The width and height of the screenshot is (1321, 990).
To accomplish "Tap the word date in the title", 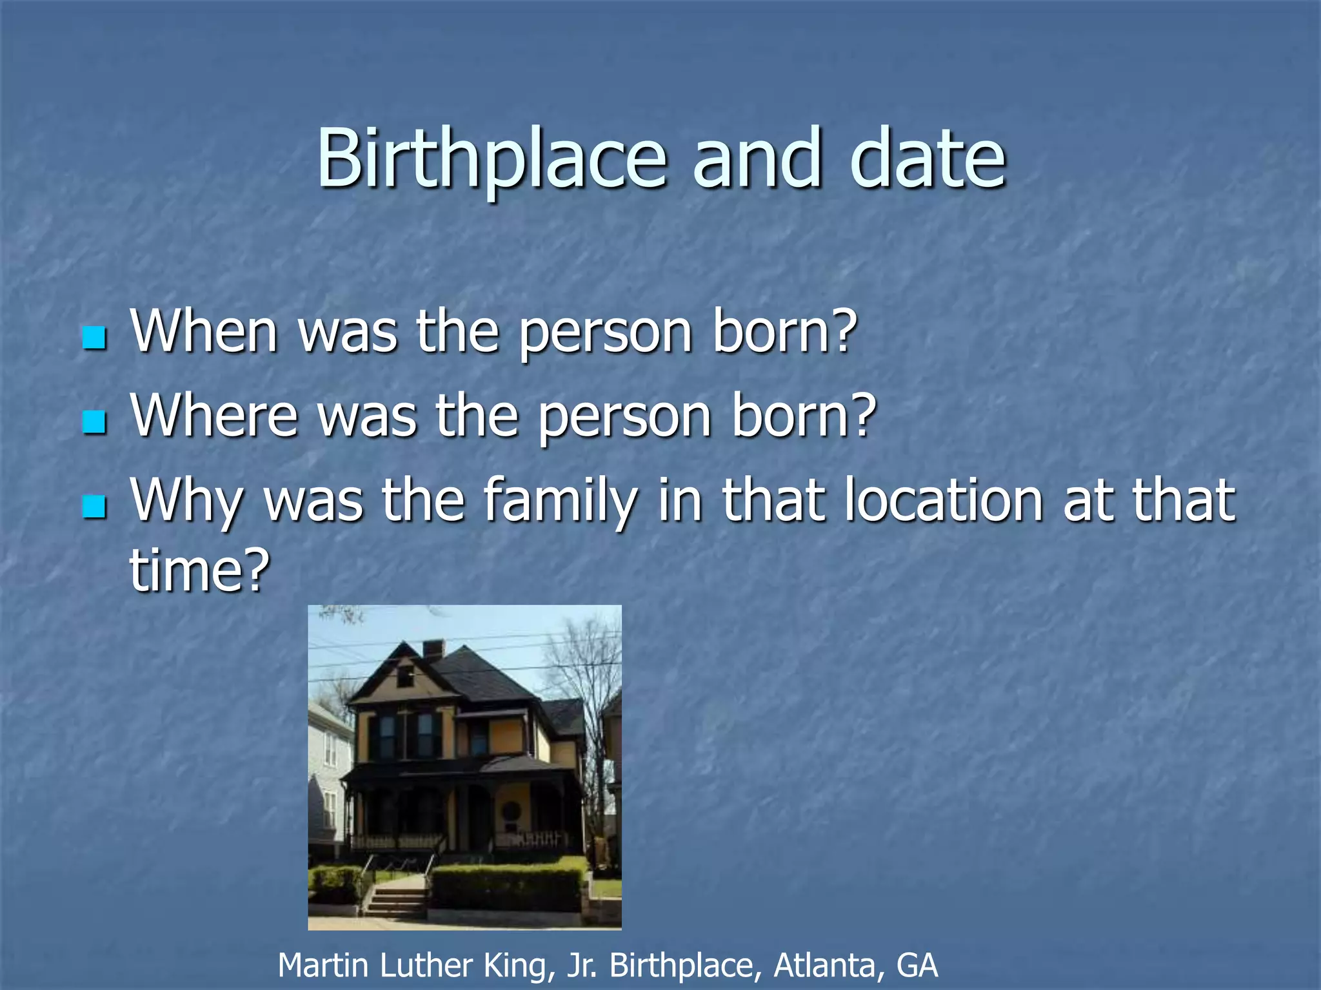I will pos(928,159).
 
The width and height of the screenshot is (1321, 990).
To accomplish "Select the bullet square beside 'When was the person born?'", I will pos(95,337).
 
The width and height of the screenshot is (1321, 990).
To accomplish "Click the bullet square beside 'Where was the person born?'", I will pos(95,422).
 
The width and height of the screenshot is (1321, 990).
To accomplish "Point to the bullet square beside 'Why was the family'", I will pos(95,507).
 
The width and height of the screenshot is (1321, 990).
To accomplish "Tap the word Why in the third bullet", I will pos(187,501).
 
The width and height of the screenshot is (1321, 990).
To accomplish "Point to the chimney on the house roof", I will pos(433,649).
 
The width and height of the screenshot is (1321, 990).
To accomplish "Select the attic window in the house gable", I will pos(405,676).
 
